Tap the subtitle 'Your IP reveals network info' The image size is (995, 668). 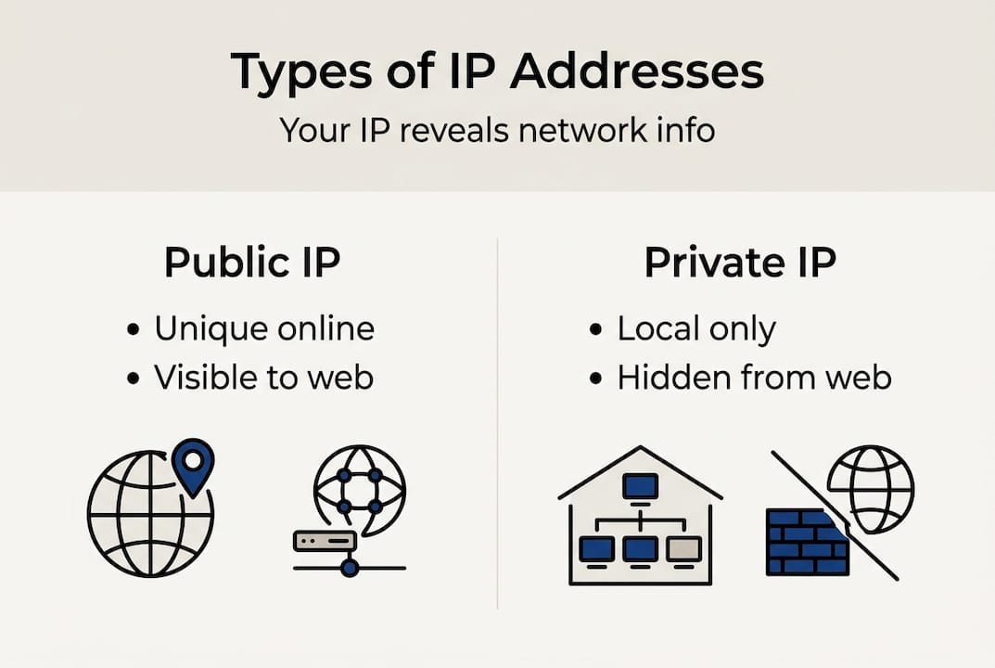pos(497,130)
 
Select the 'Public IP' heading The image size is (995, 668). pos(252,263)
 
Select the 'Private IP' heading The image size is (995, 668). pos(740,263)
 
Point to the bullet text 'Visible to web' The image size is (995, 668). pos(263,377)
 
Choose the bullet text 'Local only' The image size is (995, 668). pos(696,328)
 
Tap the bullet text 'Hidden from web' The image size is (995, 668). pos(754,377)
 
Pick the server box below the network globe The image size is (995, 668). pos(325,541)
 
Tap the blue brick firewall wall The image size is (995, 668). pos(804,542)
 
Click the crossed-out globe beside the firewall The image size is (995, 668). pos(870,488)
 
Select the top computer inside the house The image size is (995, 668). pos(640,485)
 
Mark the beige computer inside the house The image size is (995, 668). pos(684,548)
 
